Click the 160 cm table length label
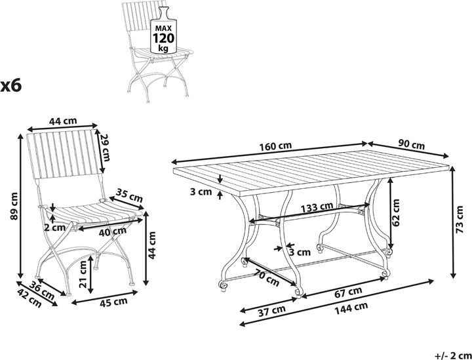pos(275,146)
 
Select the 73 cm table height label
pos(460,220)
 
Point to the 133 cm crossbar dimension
pos(317,207)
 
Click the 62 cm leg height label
pos(397,213)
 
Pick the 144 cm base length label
pos(351,307)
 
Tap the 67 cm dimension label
pos(348,291)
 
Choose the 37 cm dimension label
pos(271,310)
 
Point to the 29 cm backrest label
pos(104,148)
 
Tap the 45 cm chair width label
pos(114,302)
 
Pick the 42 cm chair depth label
pos(29,299)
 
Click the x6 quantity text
pos(11,85)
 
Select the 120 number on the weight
pos(163,39)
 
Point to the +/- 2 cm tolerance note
pos(454,355)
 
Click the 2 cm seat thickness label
pos(55,228)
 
